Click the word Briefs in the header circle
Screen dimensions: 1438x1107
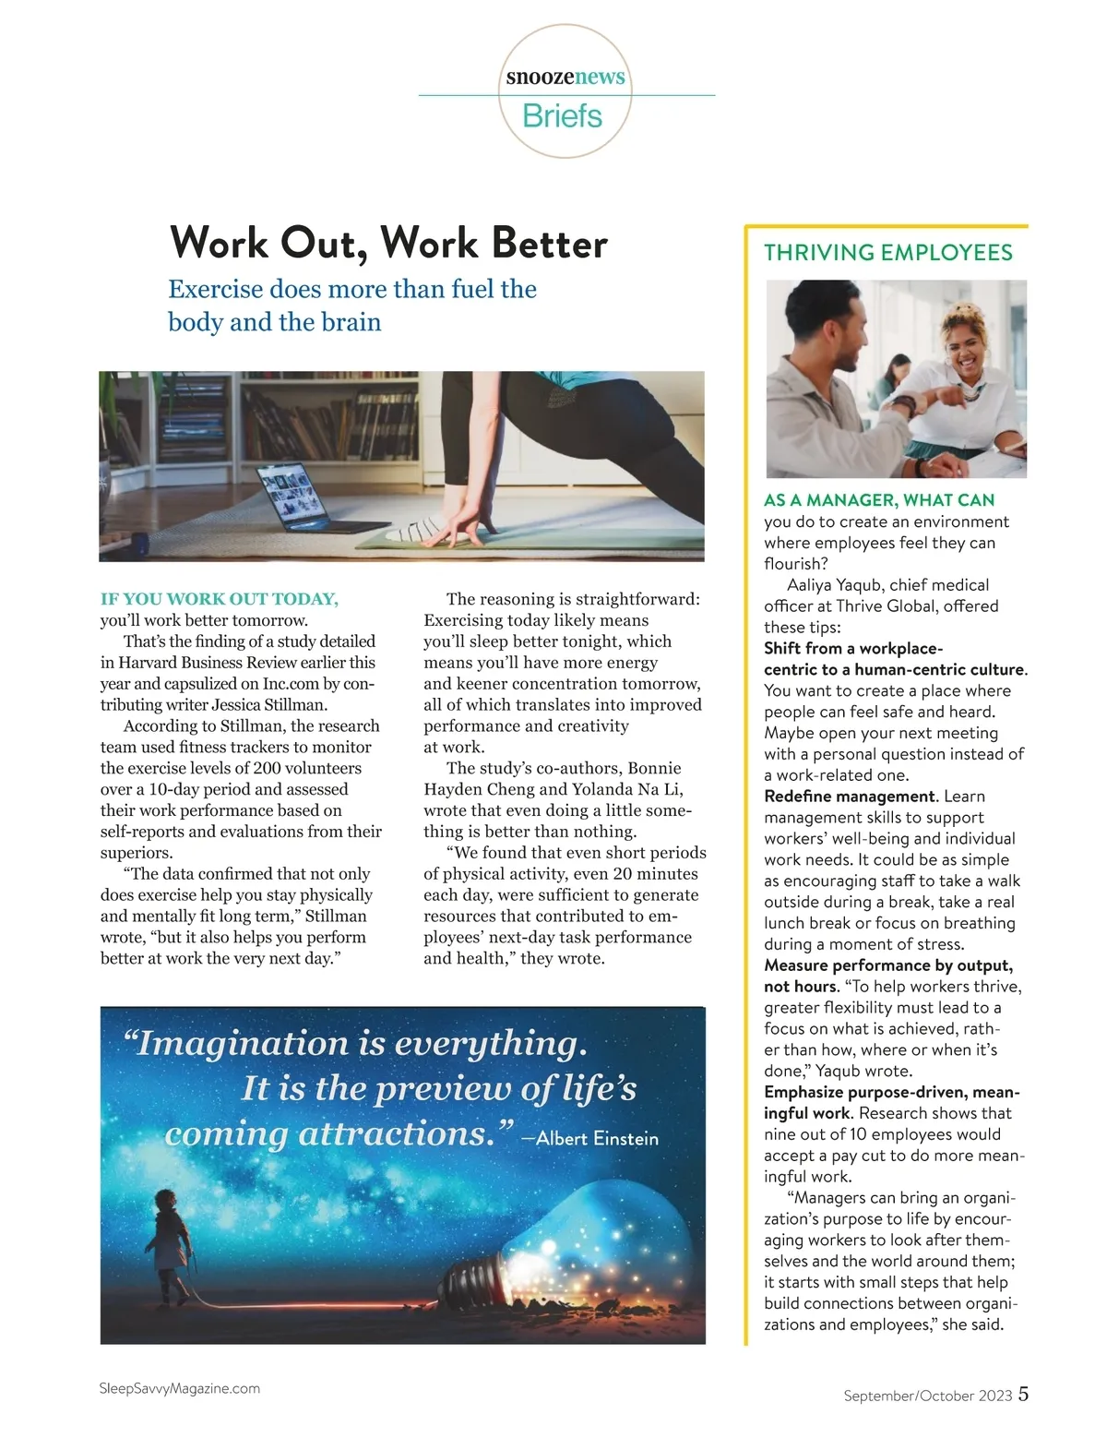(x=562, y=116)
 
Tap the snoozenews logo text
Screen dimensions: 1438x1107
(x=565, y=77)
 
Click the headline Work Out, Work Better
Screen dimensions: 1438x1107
(x=388, y=243)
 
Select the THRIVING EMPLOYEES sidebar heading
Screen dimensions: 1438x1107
(x=888, y=253)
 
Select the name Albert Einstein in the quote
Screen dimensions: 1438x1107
(x=598, y=1138)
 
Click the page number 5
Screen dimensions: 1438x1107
(x=1024, y=1394)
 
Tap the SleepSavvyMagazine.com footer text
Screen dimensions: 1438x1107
(x=179, y=1388)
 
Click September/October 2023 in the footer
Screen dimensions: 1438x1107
(x=928, y=1396)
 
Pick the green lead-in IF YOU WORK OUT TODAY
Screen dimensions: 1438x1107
(x=220, y=599)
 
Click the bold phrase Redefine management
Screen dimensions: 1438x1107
(x=850, y=797)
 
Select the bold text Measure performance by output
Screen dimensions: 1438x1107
(x=888, y=965)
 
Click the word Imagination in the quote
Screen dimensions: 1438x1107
(x=244, y=1043)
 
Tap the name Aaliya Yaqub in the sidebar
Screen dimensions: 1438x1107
(x=838, y=585)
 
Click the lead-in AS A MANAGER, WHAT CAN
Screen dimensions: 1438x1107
(x=879, y=500)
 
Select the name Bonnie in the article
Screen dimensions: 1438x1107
(x=654, y=768)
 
